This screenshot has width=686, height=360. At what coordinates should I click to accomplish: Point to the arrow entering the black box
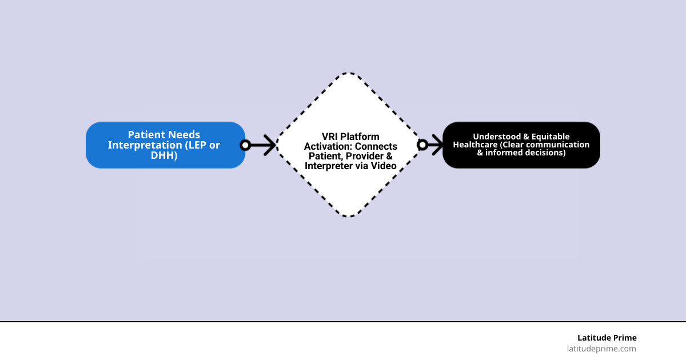pyautogui.click(x=434, y=145)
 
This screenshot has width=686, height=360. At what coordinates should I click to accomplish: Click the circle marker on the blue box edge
pyautogui.click(x=245, y=145)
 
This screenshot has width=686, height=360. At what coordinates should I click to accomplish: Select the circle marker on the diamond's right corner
pyautogui.click(x=422, y=145)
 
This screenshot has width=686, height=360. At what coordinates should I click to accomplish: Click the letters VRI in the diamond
pyautogui.click(x=331, y=137)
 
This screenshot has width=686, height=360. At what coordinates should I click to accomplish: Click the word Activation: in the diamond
pyautogui.click(x=325, y=146)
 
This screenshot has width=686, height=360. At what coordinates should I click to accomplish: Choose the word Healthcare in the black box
pyautogui.click(x=476, y=145)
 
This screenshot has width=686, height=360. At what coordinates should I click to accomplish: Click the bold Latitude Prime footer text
pyautogui.click(x=607, y=338)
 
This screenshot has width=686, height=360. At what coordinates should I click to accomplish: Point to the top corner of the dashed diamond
pyautogui.click(x=349, y=74)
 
